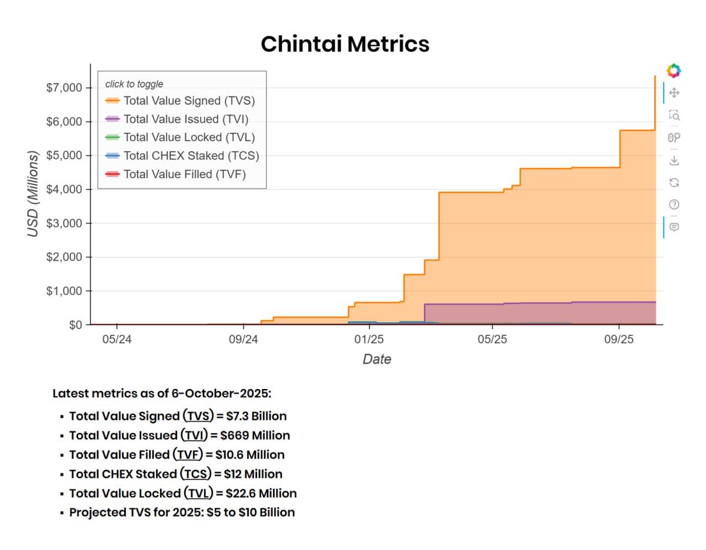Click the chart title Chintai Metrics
point(345,44)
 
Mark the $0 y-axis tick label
point(73,325)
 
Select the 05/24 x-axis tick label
point(116,340)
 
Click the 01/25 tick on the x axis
point(369,340)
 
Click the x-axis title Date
point(377,359)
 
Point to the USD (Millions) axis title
point(34,194)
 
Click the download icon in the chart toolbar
point(674,160)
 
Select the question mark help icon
point(674,204)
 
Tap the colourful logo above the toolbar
point(674,71)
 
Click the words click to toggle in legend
point(134,84)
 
